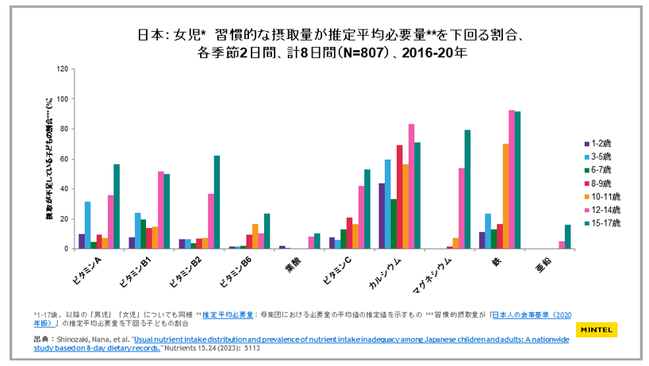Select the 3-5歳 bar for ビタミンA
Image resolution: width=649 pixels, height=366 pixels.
point(88,225)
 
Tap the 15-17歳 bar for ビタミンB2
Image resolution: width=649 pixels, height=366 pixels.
point(217,202)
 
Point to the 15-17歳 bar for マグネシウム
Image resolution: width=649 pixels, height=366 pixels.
point(468,190)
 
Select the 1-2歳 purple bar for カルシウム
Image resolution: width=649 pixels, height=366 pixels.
point(382,216)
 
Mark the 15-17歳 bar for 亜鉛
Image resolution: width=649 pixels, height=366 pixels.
point(568,237)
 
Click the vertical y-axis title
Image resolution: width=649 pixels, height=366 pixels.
point(49,159)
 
